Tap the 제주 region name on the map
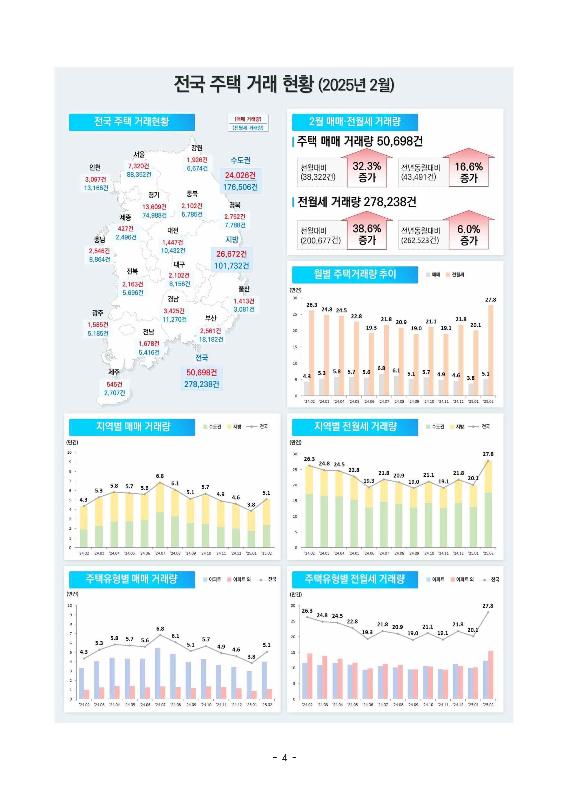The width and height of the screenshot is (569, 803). (114, 372)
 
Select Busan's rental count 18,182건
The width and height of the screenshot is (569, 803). (211, 339)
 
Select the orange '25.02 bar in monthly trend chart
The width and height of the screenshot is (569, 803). (491, 350)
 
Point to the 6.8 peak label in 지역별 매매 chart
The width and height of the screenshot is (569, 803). (160, 476)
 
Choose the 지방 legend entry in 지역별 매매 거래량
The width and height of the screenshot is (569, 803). (234, 427)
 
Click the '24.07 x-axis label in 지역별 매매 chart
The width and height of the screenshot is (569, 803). (160, 553)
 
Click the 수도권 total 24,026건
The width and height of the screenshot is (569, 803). (240, 175)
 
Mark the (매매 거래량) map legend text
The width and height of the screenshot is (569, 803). (248, 119)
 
